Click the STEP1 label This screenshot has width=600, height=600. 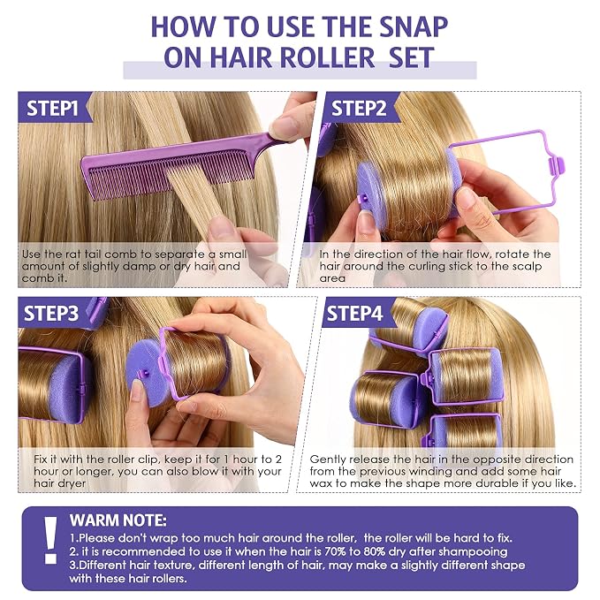52,109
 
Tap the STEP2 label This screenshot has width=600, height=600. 359,109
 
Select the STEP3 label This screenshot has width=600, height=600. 51,314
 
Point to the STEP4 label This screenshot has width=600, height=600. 354,314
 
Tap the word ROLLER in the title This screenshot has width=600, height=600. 327,57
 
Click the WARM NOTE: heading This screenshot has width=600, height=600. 118,520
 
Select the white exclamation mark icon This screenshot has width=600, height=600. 50,540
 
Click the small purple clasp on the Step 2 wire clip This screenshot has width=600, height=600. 558,165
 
